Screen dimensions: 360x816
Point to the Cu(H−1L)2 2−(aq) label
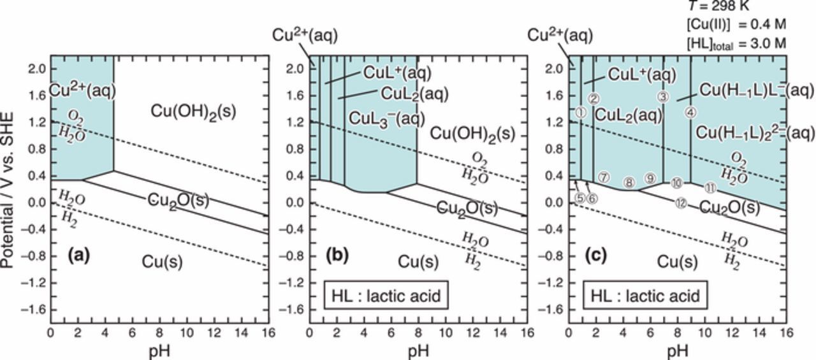[755, 132]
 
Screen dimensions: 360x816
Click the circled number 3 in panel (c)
[663, 97]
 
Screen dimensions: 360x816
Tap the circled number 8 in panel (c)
[629, 183]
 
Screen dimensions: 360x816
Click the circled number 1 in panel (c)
[581, 112]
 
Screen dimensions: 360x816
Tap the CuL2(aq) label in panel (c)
[628, 115]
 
